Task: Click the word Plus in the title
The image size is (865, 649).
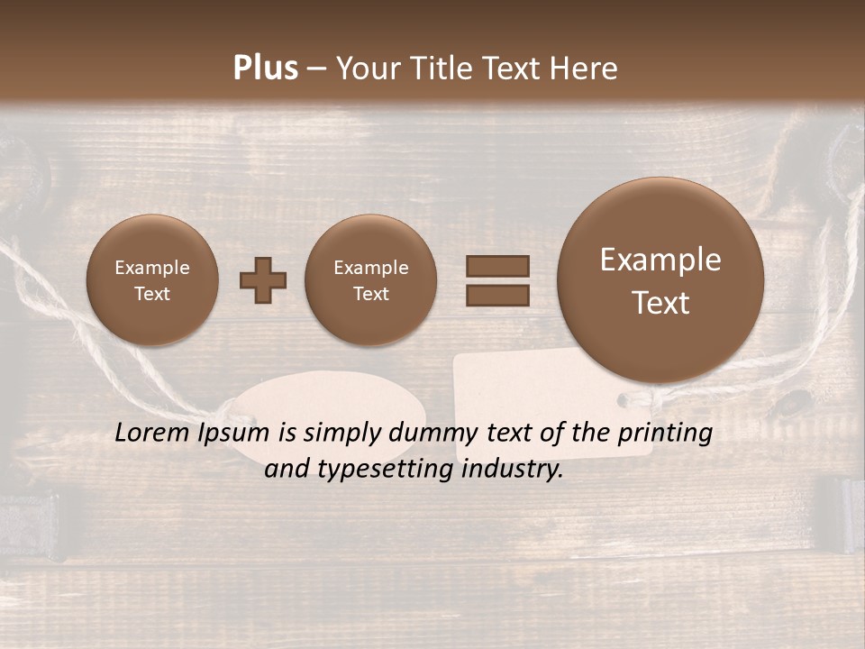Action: [x=265, y=69]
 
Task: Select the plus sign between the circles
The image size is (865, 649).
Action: [x=263, y=280]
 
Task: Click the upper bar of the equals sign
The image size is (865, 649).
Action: [x=496, y=266]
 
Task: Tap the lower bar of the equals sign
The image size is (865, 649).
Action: [x=496, y=295]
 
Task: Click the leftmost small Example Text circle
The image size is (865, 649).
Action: [x=151, y=280]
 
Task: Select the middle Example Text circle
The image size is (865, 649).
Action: [x=370, y=280]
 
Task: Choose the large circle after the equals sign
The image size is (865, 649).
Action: [x=660, y=280]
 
